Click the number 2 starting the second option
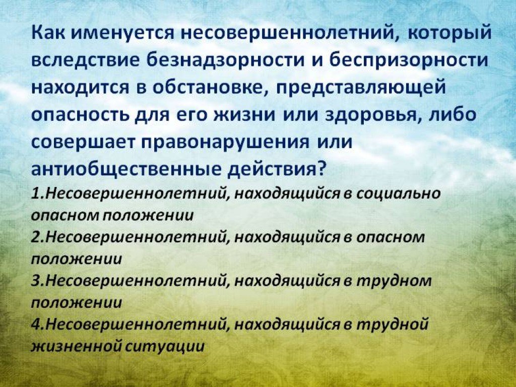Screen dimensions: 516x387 click(36, 237)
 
